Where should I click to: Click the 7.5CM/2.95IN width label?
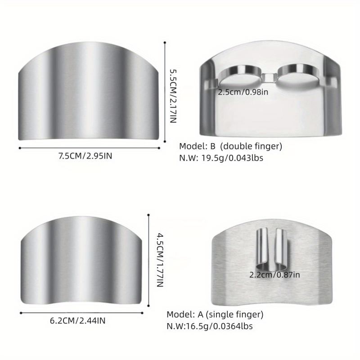[85, 156]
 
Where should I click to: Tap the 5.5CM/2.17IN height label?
[173, 96]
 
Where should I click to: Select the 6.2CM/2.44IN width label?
[77, 320]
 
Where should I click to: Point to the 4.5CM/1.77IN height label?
[160, 260]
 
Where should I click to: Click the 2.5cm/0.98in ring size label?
[243, 92]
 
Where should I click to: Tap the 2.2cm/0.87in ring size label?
[274, 275]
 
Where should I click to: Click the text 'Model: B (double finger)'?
[230, 146]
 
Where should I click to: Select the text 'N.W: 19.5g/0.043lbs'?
[221, 158]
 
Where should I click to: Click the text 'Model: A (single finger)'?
[215, 314]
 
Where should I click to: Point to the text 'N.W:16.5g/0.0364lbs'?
[210, 326]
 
